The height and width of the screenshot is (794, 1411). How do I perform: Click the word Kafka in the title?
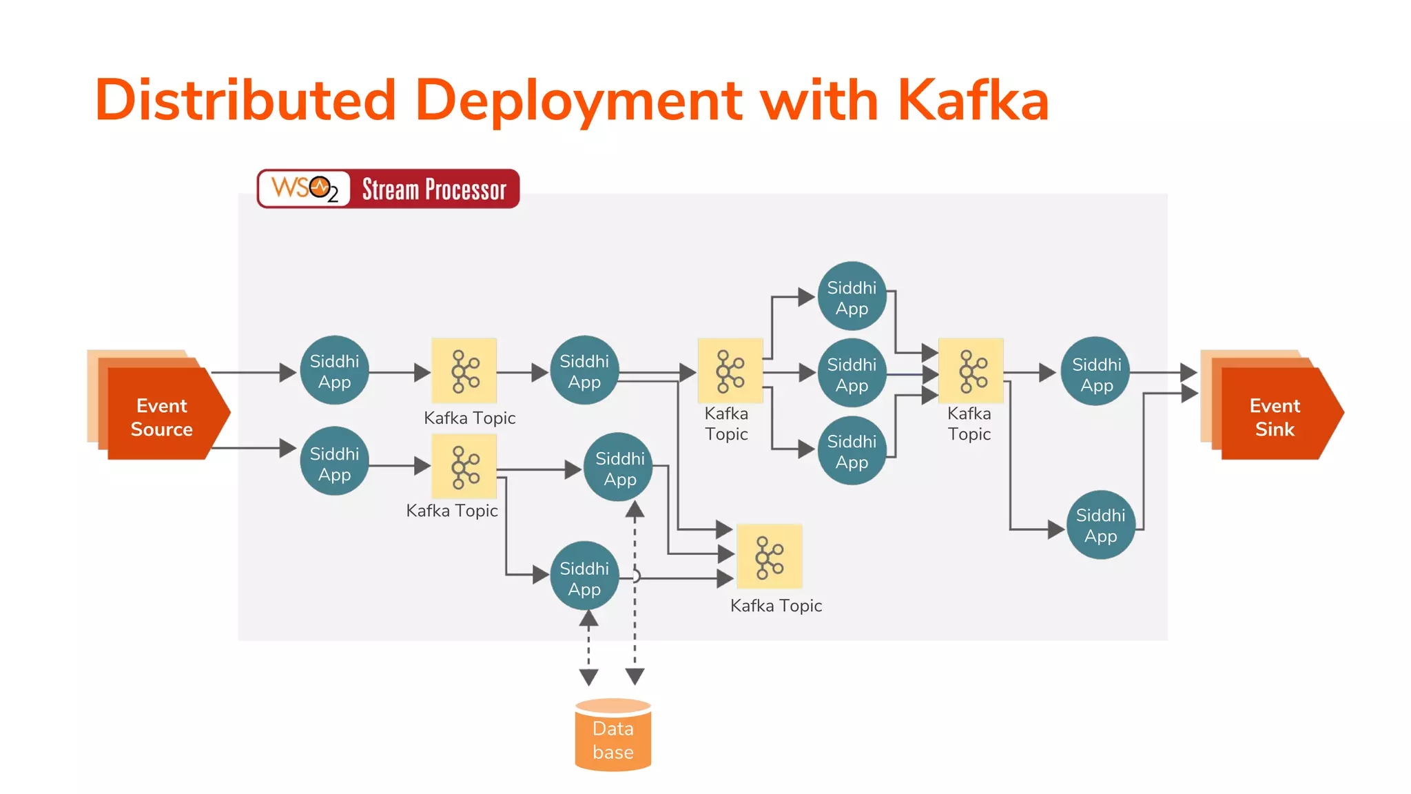[x=972, y=101]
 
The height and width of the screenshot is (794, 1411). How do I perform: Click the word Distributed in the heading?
[x=245, y=101]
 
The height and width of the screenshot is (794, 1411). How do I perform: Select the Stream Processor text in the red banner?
[x=434, y=189]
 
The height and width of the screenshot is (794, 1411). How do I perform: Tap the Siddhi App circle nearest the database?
[x=584, y=576]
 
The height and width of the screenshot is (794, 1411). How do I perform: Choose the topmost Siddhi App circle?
[x=852, y=296]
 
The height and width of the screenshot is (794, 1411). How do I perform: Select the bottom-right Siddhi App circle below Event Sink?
[x=1100, y=525]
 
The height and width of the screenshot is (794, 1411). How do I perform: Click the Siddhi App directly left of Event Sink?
[x=1096, y=372]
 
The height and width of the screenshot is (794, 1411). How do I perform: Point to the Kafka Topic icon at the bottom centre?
[x=769, y=556]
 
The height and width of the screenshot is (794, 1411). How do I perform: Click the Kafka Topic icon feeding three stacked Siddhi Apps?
[x=730, y=370]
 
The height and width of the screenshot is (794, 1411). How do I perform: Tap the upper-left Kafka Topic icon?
[x=464, y=370]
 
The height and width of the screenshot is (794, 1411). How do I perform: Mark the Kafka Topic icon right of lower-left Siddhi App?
[x=464, y=466]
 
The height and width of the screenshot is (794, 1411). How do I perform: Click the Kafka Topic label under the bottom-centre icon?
[x=776, y=606]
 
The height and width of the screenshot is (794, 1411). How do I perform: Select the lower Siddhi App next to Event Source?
[x=334, y=462]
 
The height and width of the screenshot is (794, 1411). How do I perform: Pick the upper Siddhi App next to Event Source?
[x=334, y=370]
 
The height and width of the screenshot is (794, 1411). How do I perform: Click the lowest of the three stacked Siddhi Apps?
[x=852, y=451]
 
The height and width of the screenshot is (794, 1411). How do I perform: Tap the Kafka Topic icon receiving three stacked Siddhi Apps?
[x=971, y=370]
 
